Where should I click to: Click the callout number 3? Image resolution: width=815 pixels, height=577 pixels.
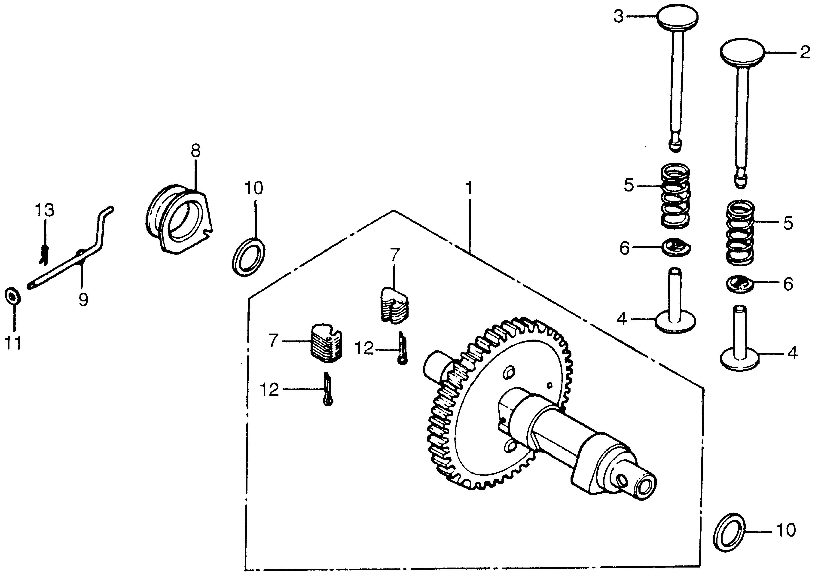tap(619, 17)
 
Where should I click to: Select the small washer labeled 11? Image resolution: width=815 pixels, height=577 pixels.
tap(13, 296)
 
